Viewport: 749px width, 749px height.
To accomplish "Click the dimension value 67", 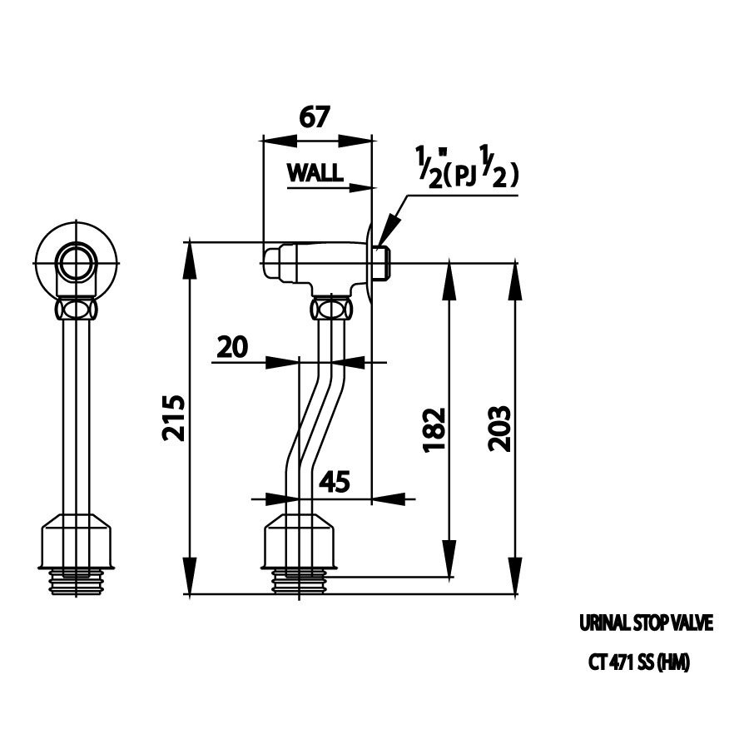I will (315, 117).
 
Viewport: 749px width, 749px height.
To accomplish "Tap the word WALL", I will (315, 172).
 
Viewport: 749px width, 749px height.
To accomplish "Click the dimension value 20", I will (232, 346).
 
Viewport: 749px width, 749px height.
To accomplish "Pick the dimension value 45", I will (333, 482).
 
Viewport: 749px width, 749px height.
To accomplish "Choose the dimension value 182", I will (434, 429).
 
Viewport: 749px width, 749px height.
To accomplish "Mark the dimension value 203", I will (499, 429).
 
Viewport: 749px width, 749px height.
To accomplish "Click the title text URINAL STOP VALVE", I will (646, 623).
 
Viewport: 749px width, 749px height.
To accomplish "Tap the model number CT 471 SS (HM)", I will (639, 663).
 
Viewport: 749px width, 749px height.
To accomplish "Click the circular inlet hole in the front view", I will (77, 263).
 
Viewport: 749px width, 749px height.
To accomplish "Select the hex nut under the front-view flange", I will (77, 310).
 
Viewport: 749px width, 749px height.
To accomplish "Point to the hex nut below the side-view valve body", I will (331, 310).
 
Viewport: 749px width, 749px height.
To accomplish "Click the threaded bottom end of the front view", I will (77, 580).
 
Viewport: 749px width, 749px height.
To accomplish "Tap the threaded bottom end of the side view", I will (300, 580).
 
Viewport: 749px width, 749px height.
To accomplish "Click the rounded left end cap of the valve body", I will (272, 263).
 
